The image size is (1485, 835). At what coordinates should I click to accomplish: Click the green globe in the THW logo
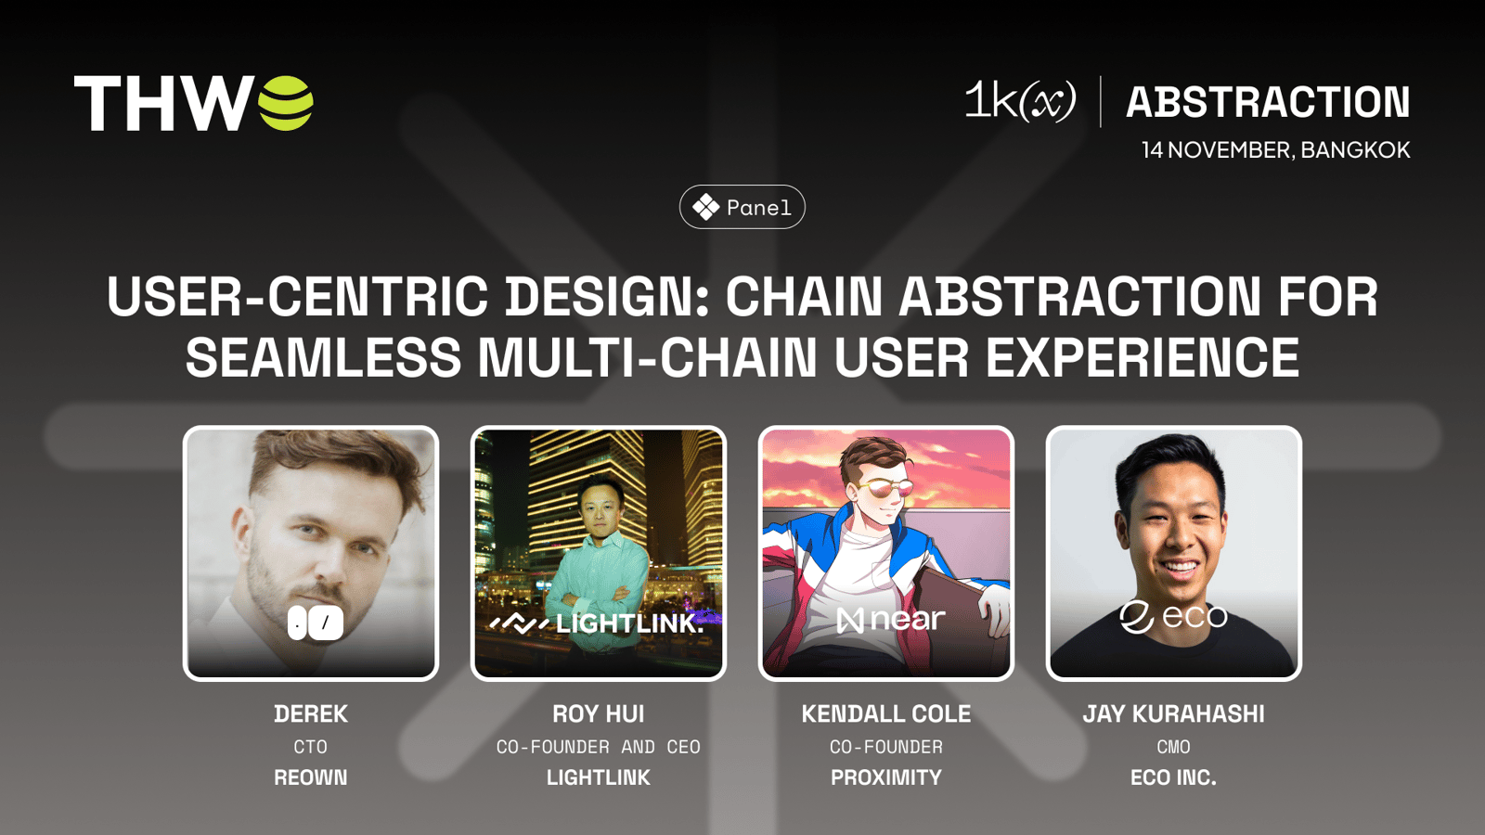(x=285, y=103)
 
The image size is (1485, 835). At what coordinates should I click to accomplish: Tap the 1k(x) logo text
(x=1020, y=101)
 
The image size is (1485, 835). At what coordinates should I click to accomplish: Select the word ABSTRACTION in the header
(x=1268, y=102)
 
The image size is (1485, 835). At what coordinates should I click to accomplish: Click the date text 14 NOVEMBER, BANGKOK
(x=1275, y=149)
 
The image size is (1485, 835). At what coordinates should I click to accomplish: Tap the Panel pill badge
(x=742, y=207)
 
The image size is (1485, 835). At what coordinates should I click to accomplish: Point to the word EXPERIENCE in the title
(x=1143, y=357)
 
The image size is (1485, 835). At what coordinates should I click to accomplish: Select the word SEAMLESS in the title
(x=323, y=357)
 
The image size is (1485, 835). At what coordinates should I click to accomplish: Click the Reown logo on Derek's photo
(x=316, y=623)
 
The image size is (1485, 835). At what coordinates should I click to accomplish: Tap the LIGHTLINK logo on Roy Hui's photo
(x=596, y=623)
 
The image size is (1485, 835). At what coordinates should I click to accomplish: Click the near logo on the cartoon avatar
(x=890, y=620)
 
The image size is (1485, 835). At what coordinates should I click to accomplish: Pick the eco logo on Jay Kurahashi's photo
(x=1173, y=617)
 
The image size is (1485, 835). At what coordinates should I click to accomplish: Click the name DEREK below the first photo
(x=311, y=713)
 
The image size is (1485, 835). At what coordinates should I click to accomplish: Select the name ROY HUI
(x=598, y=713)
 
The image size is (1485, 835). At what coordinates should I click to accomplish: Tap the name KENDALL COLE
(x=886, y=713)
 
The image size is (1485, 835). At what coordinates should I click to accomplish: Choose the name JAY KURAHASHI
(x=1173, y=713)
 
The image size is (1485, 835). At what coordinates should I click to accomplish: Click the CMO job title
(x=1173, y=747)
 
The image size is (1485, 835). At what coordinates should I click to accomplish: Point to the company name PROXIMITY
(x=886, y=777)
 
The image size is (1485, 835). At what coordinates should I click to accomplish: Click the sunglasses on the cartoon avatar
(x=885, y=491)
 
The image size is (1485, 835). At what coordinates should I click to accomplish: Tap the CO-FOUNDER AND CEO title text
(x=598, y=747)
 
